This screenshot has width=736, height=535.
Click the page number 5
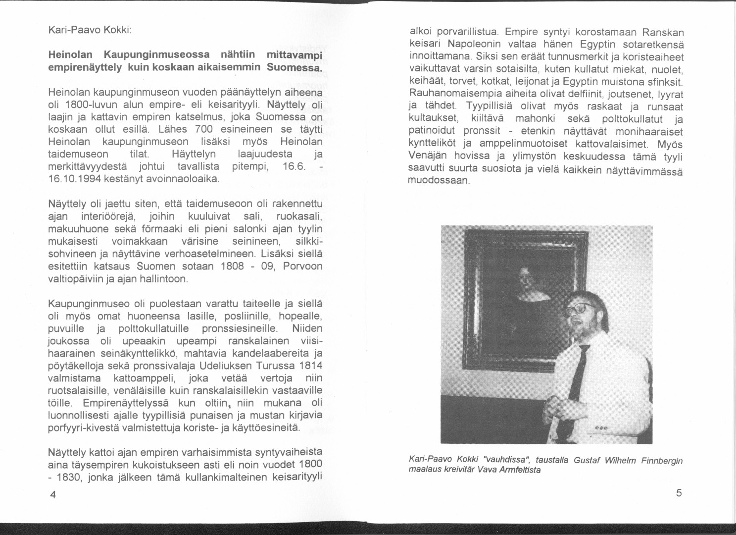coord(679,492)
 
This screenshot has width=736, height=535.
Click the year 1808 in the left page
coord(231,267)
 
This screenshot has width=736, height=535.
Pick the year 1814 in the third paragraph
coord(311,366)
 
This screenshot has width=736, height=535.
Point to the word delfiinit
coord(577,94)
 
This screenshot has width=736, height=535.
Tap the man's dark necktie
coord(576,381)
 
